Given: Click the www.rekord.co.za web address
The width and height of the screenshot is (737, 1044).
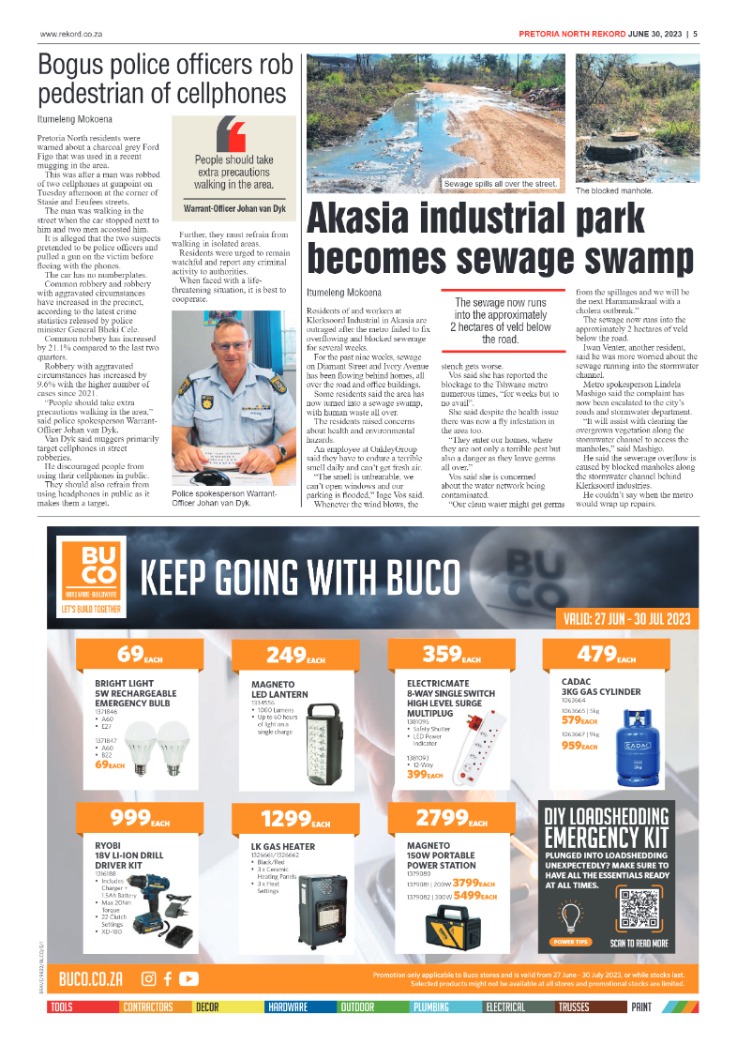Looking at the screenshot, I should [x=70, y=36].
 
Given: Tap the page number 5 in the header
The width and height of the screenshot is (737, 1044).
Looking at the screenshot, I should [x=695, y=36].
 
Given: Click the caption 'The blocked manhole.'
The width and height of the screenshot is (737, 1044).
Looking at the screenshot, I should [x=615, y=190].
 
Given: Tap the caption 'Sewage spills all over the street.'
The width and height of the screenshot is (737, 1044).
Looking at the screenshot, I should [x=501, y=185].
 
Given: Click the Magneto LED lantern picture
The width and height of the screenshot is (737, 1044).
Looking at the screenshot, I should [x=325, y=740].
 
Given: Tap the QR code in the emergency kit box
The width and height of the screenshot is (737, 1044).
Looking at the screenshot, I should [x=639, y=909].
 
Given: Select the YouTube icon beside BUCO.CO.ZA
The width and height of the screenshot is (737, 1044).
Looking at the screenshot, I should [x=189, y=978].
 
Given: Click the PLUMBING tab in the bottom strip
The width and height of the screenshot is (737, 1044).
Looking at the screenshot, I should [x=432, y=1007].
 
